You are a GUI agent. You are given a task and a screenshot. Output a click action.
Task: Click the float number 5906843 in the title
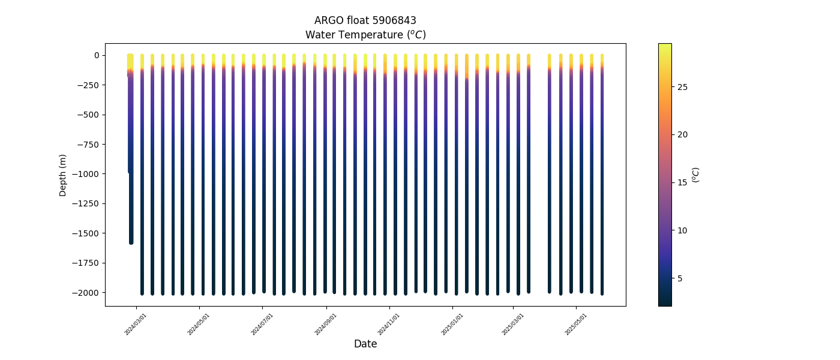(394, 20)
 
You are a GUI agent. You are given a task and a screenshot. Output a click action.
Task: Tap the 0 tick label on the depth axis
(97, 55)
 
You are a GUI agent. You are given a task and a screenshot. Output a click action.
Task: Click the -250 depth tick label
(91, 85)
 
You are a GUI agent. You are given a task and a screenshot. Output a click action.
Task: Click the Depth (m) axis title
(62, 175)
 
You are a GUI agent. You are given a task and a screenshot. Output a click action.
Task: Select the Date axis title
(365, 344)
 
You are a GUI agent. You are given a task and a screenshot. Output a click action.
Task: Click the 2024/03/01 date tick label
(136, 323)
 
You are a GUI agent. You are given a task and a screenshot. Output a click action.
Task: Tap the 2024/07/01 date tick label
(262, 323)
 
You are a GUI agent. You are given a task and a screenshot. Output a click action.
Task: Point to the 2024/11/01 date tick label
(389, 323)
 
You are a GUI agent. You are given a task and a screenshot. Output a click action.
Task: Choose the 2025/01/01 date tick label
(452, 323)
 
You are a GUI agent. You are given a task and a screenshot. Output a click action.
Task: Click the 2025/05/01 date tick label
(576, 323)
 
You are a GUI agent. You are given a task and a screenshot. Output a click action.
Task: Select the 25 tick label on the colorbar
(683, 87)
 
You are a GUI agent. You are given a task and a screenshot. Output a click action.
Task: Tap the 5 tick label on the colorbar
(680, 278)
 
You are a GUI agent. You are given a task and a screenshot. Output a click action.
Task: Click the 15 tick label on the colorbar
(683, 182)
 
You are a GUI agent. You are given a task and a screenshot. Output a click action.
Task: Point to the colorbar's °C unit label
(696, 175)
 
